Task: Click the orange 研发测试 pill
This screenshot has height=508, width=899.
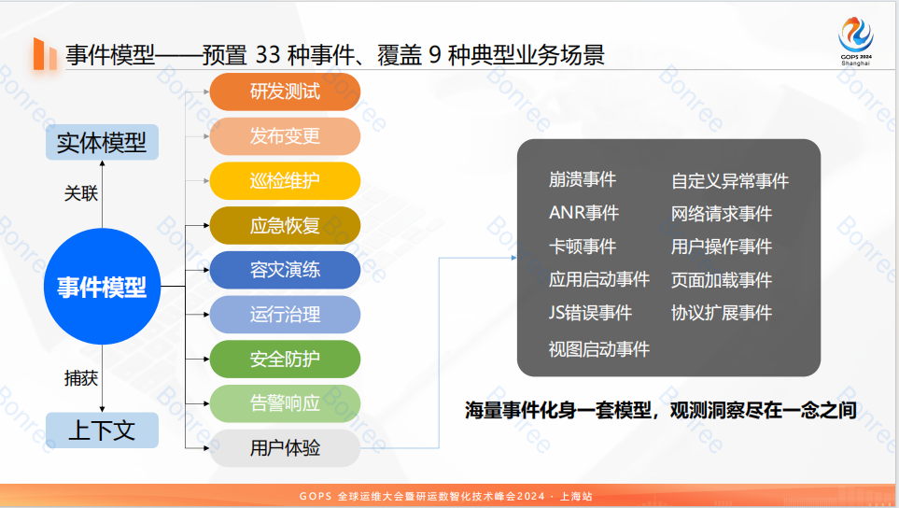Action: tap(285, 92)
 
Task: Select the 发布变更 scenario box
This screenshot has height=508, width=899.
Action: tap(285, 136)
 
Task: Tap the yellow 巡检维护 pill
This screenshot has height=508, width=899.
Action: tap(285, 181)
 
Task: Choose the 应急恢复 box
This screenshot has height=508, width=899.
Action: tap(285, 226)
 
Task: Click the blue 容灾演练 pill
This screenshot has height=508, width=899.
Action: tap(285, 270)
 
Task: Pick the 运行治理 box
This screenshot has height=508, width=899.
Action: tap(285, 315)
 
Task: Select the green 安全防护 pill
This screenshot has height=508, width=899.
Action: tap(285, 360)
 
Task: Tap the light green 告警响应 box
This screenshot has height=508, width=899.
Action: tap(285, 403)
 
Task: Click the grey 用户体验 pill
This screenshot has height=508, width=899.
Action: tap(285, 448)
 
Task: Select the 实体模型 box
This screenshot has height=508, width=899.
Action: tap(102, 143)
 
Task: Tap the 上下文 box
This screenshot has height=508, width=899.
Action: tap(102, 430)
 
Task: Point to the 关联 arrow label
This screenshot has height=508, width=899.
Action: tap(80, 193)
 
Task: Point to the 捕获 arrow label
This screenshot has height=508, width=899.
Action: tap(80, 378)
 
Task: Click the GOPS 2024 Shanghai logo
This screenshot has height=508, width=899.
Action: tap(855, 40)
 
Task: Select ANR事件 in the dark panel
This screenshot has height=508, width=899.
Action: tap(583, 213)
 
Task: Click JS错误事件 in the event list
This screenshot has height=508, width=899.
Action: tap(590, 313)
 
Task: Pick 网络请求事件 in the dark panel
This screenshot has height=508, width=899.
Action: tap(722, 214)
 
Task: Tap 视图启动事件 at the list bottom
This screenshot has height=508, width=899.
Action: tap(598, 349)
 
